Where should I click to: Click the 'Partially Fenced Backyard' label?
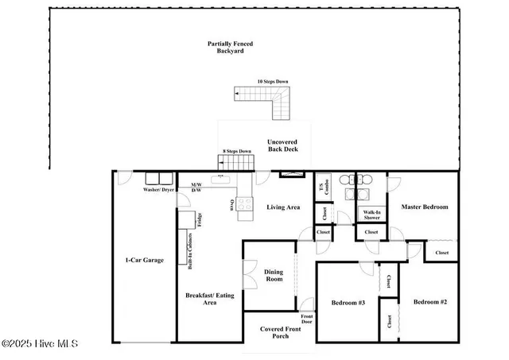[230, 47]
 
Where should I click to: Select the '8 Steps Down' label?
[236, 151]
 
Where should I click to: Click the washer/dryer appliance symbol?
[157, 180]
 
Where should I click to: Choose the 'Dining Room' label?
[273, 276]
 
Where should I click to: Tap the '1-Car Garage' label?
[144, 260]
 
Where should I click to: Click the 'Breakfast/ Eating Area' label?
[210, 298]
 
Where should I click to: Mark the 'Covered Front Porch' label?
[275, 332]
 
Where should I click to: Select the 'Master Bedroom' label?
[425, 207]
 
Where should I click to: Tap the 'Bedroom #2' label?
[430, 302]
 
